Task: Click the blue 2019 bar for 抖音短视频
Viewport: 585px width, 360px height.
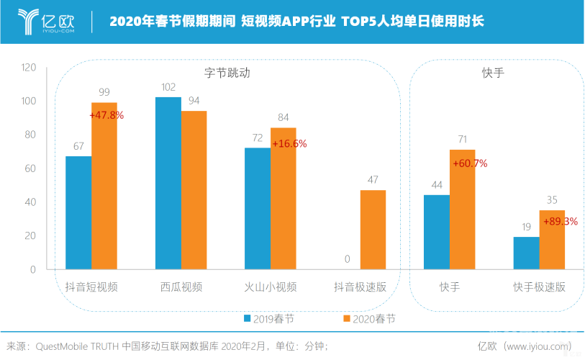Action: (x=78, y=212)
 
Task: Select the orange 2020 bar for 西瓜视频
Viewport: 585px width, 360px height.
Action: (x=194, y=190)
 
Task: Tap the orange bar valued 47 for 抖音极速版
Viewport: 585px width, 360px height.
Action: (x=373, y=230)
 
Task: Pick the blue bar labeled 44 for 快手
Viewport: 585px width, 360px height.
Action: (x=437, y=232)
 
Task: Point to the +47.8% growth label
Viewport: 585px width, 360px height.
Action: (x=106, y=114)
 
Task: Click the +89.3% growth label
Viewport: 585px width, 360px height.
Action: (x=561, y=221)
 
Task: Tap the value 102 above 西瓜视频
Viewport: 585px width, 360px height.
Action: (x=168, y=87)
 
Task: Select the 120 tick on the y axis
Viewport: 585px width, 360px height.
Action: (x=29, y=68)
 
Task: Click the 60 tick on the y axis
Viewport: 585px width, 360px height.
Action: (x=32, y=168)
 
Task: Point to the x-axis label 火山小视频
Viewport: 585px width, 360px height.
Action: (x=271, y=287)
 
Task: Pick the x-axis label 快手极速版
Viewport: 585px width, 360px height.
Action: (x=539, y=287)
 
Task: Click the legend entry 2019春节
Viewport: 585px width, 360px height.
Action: (x=268, y=318)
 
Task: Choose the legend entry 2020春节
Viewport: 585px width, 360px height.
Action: (x=369, y=318)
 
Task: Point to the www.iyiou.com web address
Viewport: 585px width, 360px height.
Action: (x=537, y=346)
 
